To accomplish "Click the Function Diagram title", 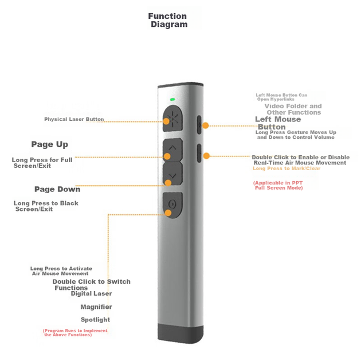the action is tap(167, 20).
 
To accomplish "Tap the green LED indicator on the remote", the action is tap(172, 100).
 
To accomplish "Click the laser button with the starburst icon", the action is tap(172, 119).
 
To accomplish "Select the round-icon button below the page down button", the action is tap(172, 205).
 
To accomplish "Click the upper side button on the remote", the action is tap(199, 125).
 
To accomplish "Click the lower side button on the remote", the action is tap(199, 154).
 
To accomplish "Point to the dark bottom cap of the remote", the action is tap(180, 333).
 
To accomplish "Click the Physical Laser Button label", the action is tap(74, 119).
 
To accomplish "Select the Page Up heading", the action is tap(49, 144).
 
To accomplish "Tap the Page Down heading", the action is tap(57, 189).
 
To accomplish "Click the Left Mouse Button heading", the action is tap(278, 123).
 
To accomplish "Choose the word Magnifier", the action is tap(96, 307).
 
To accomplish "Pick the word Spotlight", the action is tap(95, 320).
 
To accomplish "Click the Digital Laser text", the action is tap(92, 293).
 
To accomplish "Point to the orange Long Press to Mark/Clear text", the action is tap(287, 168).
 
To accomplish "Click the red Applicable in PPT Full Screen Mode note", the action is tap(278, 185).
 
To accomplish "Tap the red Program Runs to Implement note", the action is tap(75, 333).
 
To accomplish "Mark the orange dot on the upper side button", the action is tap(205, 125).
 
